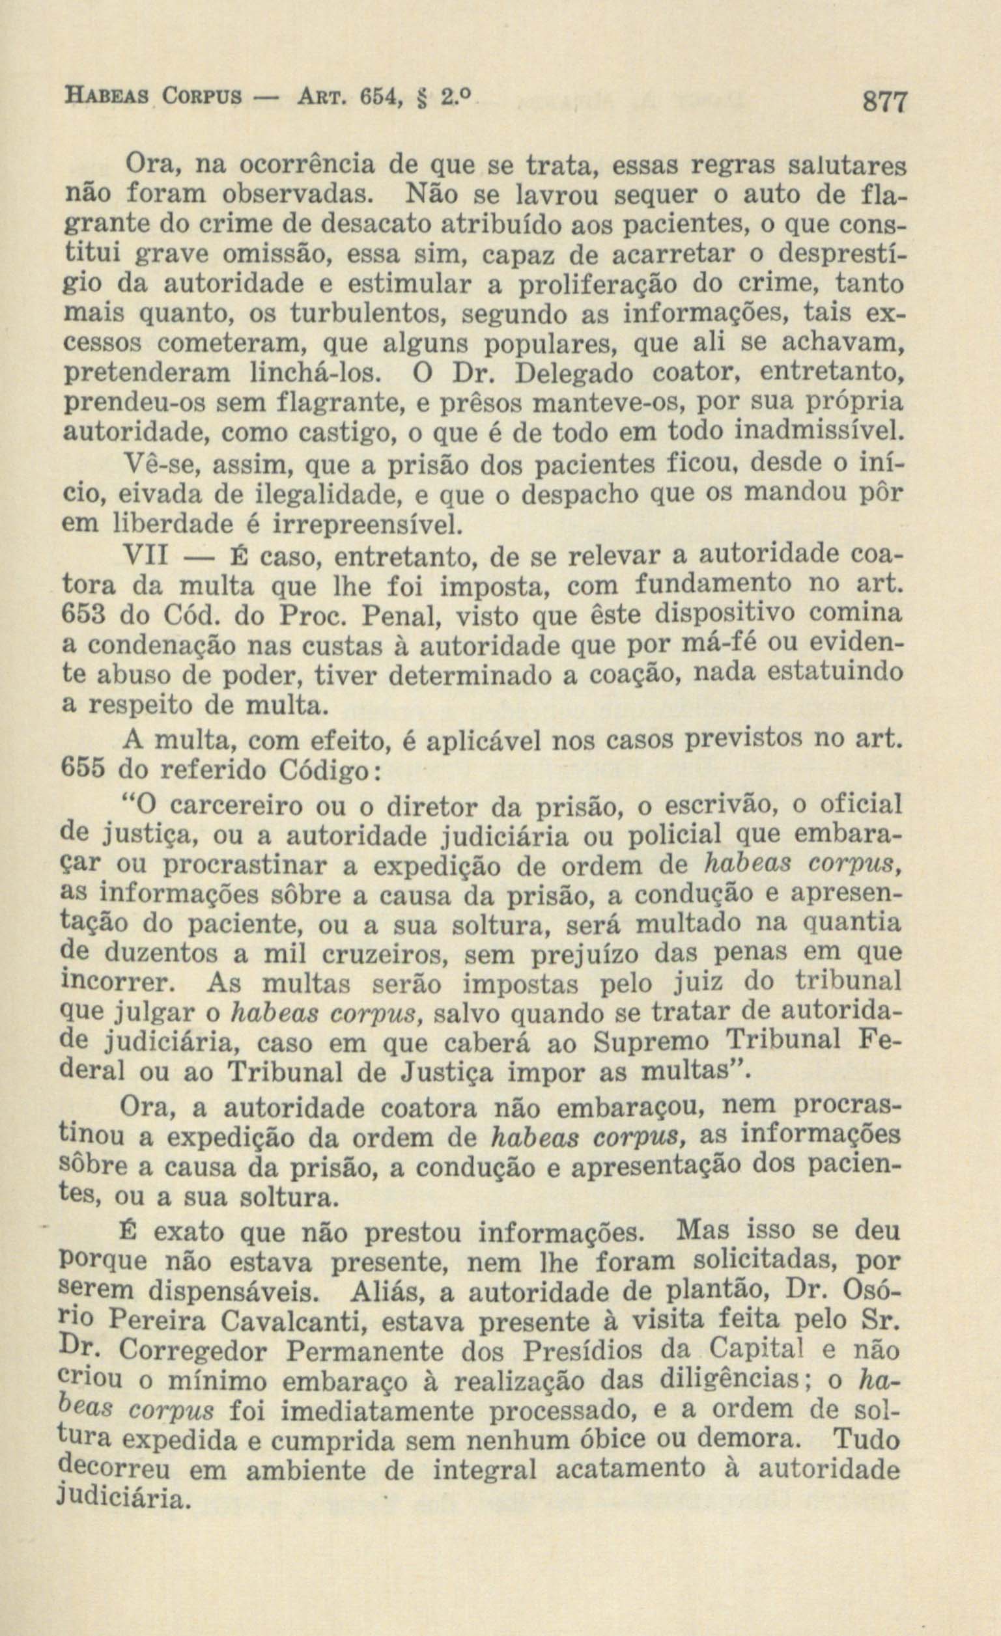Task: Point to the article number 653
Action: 83,615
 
